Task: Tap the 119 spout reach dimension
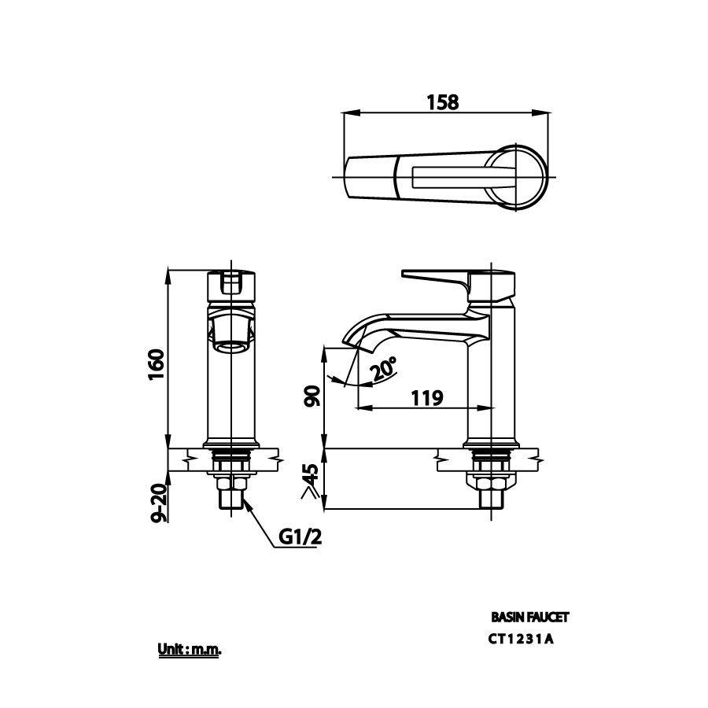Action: [425, 398]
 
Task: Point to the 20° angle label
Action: [384, 369]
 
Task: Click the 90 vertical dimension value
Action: [312, 396]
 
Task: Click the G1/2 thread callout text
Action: [300, 537]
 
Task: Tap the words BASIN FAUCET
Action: [529, 618]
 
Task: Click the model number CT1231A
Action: [521, 639]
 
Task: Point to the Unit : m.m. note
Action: [190, 651]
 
